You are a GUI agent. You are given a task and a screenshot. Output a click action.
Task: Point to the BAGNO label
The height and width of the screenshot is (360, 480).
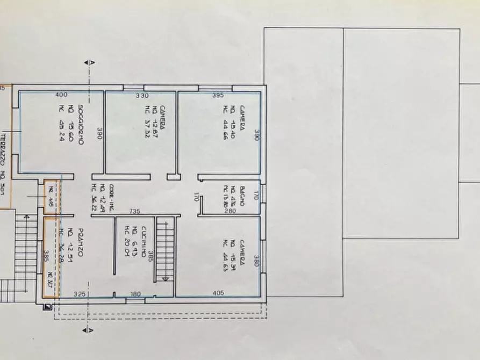tap(243, 196)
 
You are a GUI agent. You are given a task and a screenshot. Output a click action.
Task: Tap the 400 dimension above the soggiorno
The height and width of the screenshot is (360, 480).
tap(61, 95)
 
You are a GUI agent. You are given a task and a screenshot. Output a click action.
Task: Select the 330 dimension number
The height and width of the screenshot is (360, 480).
tap(141, 96)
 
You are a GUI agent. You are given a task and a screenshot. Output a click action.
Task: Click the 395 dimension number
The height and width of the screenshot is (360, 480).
tap(218, 96)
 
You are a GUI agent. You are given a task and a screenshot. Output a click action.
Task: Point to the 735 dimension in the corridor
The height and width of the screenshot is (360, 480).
tap(135, 211)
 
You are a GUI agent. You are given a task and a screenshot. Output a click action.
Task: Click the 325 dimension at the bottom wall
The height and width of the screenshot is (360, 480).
tap(79, 293)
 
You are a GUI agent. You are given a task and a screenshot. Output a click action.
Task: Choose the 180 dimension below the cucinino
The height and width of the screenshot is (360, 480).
tap(135, 293)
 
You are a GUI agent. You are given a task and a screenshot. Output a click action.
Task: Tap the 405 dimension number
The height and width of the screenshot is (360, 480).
tap(218, 293)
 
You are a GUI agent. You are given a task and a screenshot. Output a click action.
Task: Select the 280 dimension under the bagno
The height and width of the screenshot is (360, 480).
tap(230, 211)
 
